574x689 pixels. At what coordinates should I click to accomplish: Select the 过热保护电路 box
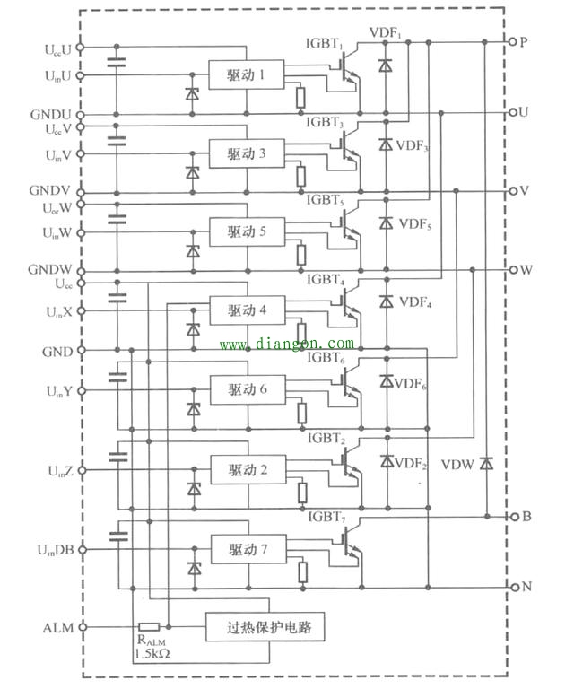tap(264, 627)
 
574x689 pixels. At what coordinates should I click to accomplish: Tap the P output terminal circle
tap(512, 42)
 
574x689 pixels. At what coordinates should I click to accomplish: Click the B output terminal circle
tap(512, 517)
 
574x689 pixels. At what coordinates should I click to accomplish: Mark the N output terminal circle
tap(512, 587)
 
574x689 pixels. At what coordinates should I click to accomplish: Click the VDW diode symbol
tap(486, 463)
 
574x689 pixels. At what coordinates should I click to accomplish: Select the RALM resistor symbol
tap(149, 627)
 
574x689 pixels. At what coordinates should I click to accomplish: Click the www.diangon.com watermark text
tap(286, 344)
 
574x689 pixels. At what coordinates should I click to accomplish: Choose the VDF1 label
tap(387, 33)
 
